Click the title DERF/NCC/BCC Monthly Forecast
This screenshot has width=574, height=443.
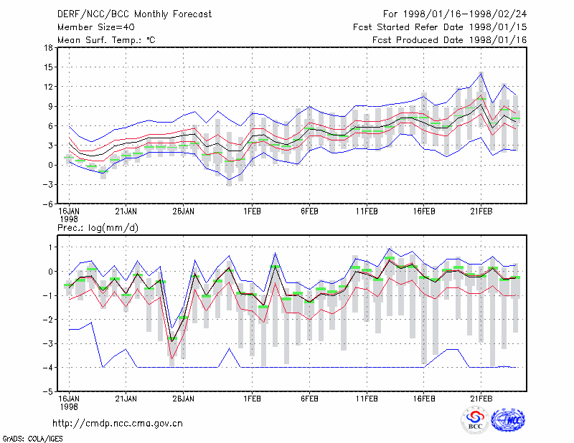tap(134, 14)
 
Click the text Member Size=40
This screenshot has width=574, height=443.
tap(96, 27)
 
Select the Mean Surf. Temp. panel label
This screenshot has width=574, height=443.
tap(106, 40)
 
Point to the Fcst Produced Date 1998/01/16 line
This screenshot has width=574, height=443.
tap(450, 40)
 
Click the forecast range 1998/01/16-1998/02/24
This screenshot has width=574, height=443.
tap(465, 14)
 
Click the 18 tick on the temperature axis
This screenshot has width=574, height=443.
tap(48, 47)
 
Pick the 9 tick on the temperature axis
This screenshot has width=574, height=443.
tap(50, 106)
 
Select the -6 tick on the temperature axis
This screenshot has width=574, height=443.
tap(47, 204)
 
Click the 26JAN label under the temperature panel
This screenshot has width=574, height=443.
tap(184, 211)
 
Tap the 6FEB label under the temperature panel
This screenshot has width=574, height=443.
tap(309, 211)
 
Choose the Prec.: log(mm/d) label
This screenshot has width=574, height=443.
tap(98, 228)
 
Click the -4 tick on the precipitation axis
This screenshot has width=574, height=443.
tap(47, 367)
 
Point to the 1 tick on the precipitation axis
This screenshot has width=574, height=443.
tap(51, 247)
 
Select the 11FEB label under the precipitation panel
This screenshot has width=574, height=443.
tap(367, 399)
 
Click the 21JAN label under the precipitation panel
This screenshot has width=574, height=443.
tap(126, 399)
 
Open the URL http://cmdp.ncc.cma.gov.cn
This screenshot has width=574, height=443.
tap(118, 424)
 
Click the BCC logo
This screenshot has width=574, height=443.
tap(475, 421)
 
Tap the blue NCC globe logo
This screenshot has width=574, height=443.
tap(508, 420)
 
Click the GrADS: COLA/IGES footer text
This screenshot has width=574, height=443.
tap(32, 439)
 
